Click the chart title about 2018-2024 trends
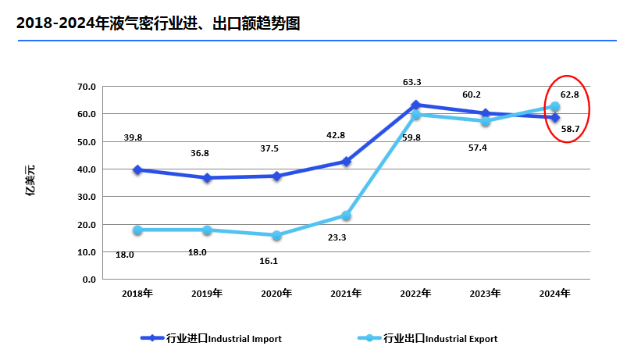pyautogui.click(x=158, y=24)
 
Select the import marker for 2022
pyautogui.click(x=416, y=105)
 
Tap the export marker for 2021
pyautogui.click(x=347, y=216)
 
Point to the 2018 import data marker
pyautogui.click(x=137, y=169)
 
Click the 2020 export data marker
pyautogui.click(x=277, y=235)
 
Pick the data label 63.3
pyautogui.click(x=412, y=82)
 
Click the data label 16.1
pyautogui.click(x=269, y=261)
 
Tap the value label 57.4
pyautogui.click(x=478, y=148)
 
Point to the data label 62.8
pyautogui.click(x=569, y=94)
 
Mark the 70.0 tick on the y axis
pyautogui.click(x=87, y=87)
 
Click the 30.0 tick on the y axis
pyautogui.click(x=87, y=197)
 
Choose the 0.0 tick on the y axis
pyautogui.click(x=89, y=280)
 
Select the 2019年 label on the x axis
pyautogui.click(x=207, y=294)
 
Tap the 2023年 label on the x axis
pyautogui.click(x=485, y=294)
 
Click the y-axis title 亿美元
pyautogui.click(x=30, y=180)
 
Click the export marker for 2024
pyautogui.click(x=555, y=107)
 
